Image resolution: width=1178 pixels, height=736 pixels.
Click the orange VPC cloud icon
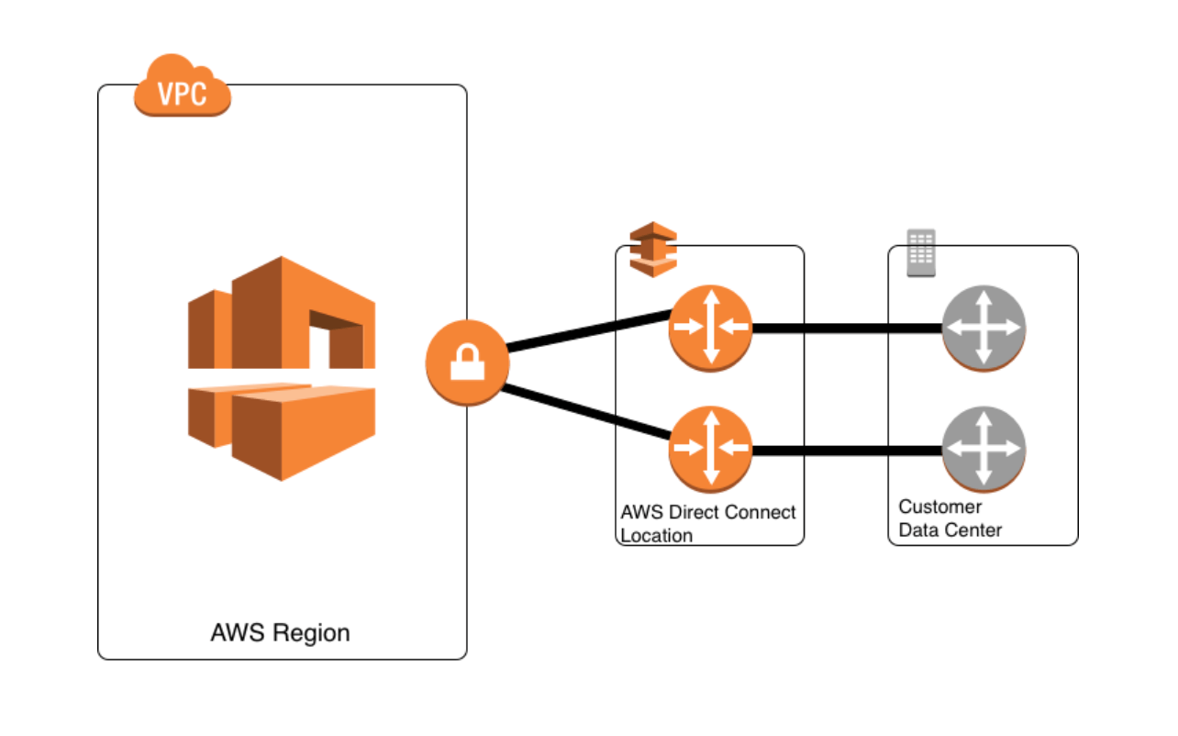182,86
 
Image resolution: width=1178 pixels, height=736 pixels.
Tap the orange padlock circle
467,363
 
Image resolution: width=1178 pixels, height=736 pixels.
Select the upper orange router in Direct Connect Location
710,328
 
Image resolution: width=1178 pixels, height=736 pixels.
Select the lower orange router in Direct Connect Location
710,450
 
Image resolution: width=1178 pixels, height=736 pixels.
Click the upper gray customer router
983,329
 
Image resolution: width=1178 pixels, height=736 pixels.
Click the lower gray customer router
983,450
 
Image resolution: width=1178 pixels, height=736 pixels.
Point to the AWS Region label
280,632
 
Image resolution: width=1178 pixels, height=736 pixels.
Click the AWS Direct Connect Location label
708,523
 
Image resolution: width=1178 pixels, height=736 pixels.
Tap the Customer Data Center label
950,519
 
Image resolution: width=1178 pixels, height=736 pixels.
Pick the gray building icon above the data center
920,252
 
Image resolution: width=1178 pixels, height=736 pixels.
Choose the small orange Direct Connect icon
652,249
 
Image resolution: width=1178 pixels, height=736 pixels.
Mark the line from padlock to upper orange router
588,332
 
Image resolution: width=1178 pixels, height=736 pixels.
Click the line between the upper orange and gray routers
846,329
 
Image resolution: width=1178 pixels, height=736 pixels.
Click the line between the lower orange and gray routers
846,450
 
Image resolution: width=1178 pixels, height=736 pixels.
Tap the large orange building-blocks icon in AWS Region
282,367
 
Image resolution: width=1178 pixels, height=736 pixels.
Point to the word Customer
939,507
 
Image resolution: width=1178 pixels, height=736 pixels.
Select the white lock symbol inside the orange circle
467,364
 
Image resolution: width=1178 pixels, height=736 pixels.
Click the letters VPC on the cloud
182,95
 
